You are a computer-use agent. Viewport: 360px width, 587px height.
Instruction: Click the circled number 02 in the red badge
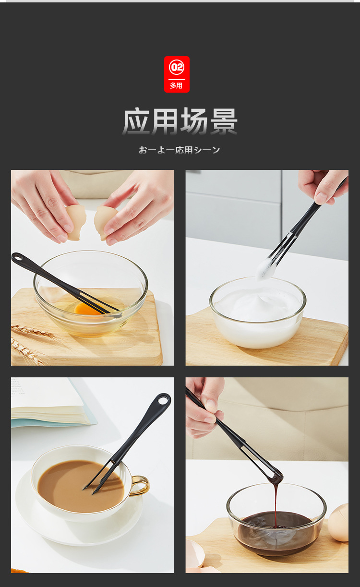(x=177, y=67)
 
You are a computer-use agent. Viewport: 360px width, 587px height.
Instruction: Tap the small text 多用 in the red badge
(x=176, y=86)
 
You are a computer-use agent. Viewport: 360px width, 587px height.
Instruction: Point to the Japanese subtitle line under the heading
(x=180, y=150)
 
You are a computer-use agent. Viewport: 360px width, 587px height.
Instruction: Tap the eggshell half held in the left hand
(x=75, y=222)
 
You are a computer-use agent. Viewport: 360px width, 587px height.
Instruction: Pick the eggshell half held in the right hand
(x=104, y=223)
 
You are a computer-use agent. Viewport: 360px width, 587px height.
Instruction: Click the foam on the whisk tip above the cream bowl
(x=265, y=269)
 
